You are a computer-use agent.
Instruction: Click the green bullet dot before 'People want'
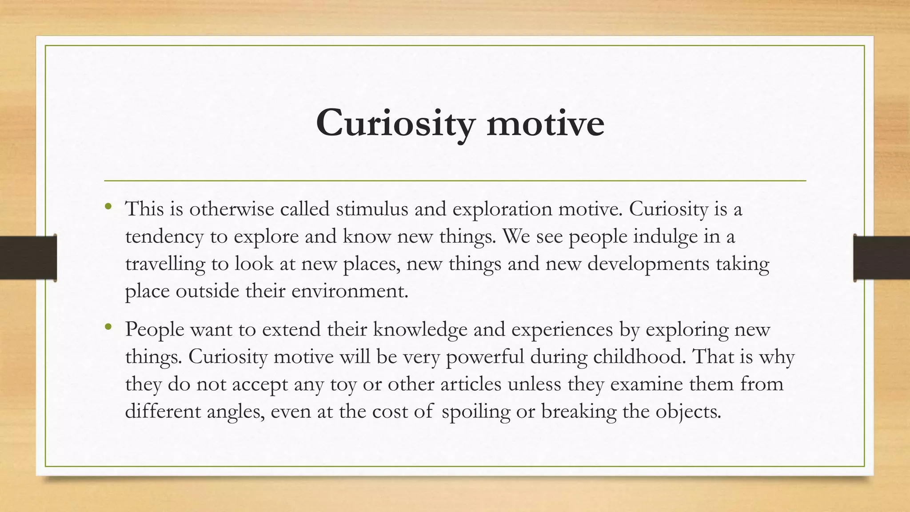(x=108, y=327)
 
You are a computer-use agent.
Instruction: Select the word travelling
(x=165, y=264)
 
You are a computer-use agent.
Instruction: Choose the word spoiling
(x=476, y=412)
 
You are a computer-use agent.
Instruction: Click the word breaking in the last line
(x=579, y=412)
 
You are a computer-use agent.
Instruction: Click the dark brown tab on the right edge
(x=882, y=258)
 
